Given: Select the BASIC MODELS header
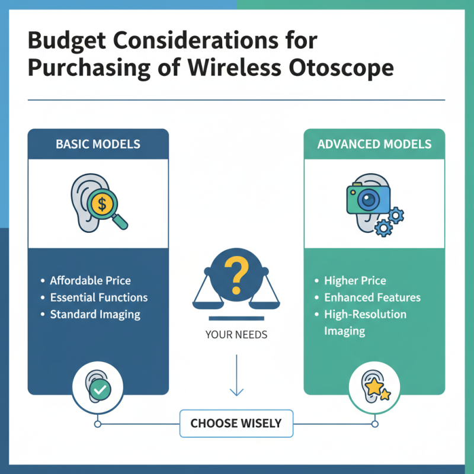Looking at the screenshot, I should tap(98, 144).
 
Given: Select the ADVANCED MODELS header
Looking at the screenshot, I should tap(374, 144).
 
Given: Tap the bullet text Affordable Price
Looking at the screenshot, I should tap(90, 280).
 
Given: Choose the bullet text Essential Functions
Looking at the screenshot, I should tap(98, 297).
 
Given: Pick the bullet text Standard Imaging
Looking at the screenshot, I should tap(95, 314).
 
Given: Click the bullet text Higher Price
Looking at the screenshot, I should tap(355, 280).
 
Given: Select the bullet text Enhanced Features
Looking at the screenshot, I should tap(372, 297).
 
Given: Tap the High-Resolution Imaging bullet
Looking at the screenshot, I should tap(365, 322).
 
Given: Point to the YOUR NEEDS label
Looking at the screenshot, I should tap(236, 335).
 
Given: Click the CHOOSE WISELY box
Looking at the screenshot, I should tap(236, 423).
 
